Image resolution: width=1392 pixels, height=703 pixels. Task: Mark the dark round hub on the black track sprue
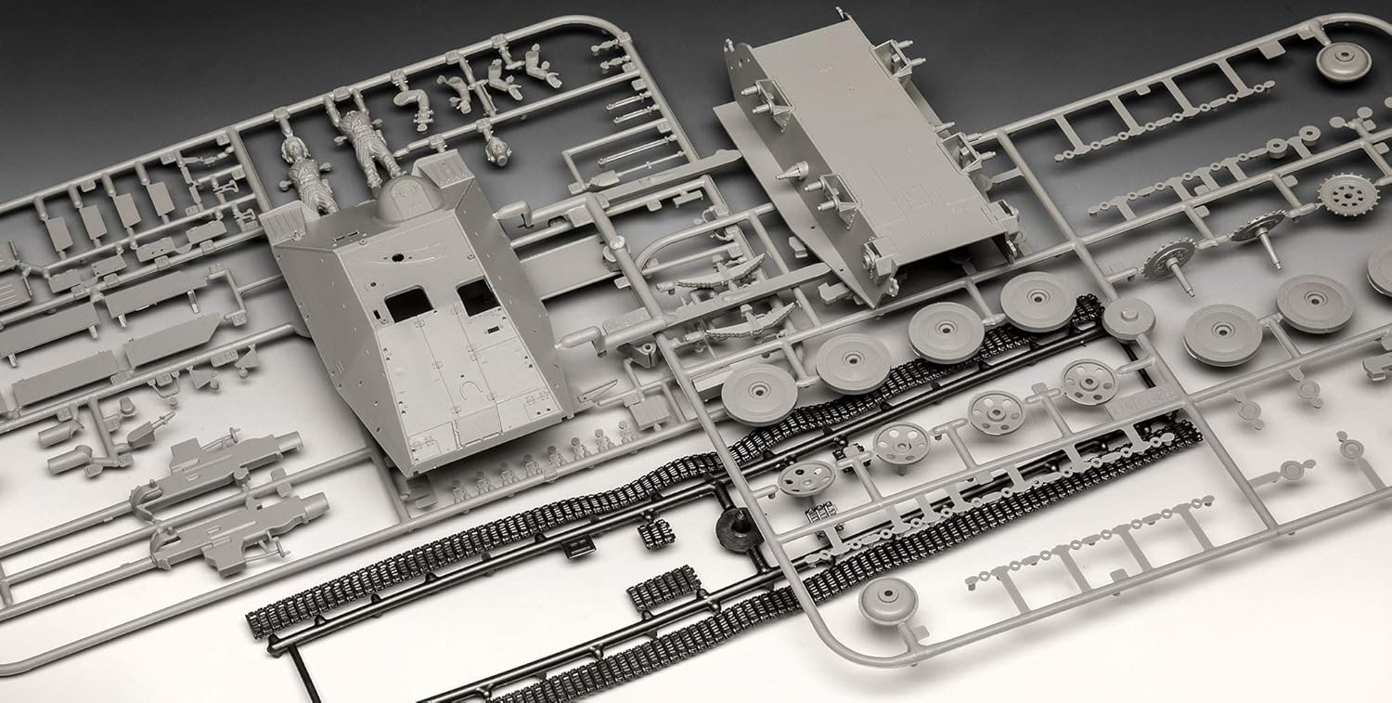[738, 529]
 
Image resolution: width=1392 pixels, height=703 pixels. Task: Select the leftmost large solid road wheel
[759, 394]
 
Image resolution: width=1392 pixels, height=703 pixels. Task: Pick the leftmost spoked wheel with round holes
[805, 478]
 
